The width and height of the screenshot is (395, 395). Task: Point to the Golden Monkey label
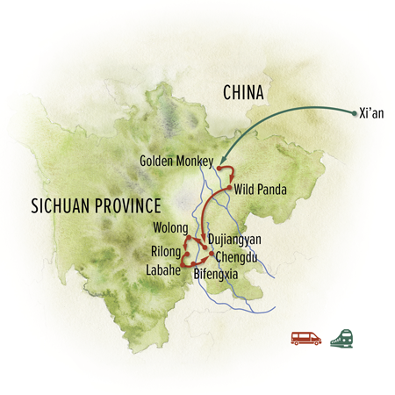tap(181, 161)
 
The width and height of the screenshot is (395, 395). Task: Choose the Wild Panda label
tap(262, 189)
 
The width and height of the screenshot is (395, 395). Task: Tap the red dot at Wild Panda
tap(228, 188)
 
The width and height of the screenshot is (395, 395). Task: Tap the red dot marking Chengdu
tap(212, 253)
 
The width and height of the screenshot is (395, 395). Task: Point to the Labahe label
tap(162, 271)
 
